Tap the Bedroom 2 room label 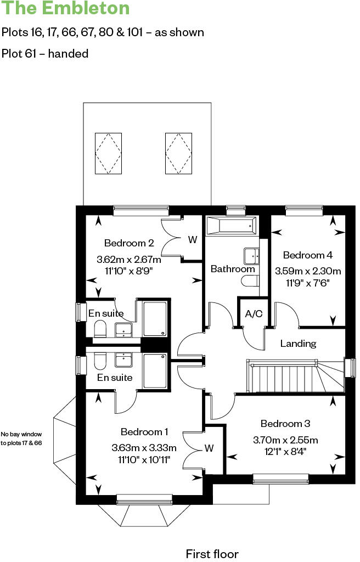(129, 243)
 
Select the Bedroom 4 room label (307, 255)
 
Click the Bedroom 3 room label (285, 424)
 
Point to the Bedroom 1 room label (144, 432)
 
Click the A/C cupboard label (254, 314)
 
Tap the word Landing (298, 344)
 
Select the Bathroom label (233, 269)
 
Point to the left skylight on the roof (108, 153)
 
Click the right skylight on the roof (178, 153)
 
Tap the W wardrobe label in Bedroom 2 (193, 239)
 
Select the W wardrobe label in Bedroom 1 (209, 448)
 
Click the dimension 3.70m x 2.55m (285, 440)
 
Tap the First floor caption (212, 553)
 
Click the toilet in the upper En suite (100, 329)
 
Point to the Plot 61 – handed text (45, 54)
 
